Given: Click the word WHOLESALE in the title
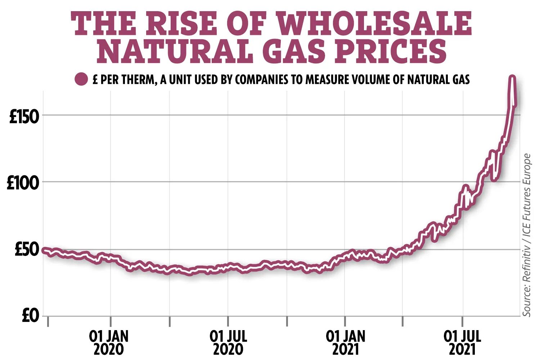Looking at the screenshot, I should [374, 23].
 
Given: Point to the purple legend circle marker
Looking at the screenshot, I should [81, 79].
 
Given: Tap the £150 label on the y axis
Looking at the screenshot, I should [24, 117].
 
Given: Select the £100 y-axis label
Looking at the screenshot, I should [23, 183].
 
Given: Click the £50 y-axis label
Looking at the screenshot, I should [26, 250].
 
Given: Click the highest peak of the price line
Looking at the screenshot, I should [512, 77].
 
